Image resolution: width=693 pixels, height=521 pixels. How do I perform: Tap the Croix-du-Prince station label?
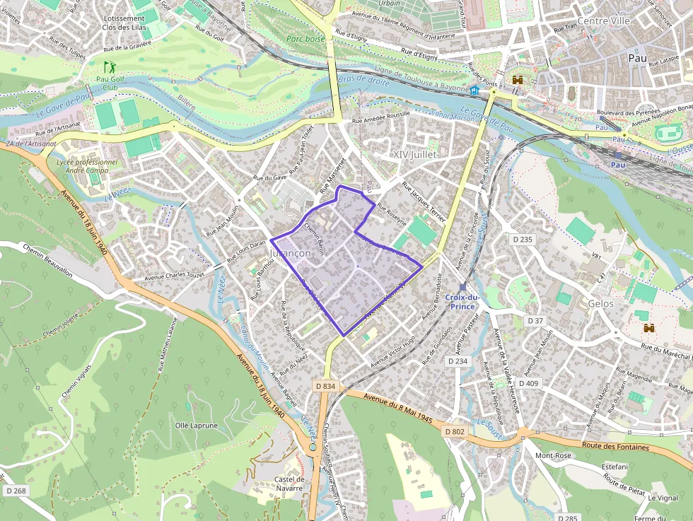(462, 302)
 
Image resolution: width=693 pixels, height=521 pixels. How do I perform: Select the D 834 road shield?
(325, 386)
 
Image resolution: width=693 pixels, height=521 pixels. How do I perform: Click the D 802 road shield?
(455, 431)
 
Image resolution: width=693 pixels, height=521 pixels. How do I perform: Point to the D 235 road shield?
(521, 240)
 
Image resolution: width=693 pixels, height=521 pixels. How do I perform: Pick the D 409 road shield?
(528, 383)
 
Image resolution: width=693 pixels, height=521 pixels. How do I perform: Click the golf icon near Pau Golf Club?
(109, 67)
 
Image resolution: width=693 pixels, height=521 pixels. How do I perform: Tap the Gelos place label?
(600, 303)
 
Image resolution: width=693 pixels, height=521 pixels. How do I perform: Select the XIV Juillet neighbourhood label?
(415, 154)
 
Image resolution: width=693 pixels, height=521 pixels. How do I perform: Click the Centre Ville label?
(603, 21)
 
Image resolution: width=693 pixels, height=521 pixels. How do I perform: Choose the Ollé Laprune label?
(197, 426)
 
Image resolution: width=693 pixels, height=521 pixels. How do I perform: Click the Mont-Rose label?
(552, 456)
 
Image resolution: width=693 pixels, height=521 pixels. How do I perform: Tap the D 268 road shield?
(15, 491)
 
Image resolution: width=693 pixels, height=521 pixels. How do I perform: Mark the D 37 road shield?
(535, 321)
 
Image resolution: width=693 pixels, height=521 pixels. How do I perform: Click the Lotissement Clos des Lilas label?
(124, 23)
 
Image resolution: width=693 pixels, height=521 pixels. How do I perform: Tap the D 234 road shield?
(458, 361)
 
